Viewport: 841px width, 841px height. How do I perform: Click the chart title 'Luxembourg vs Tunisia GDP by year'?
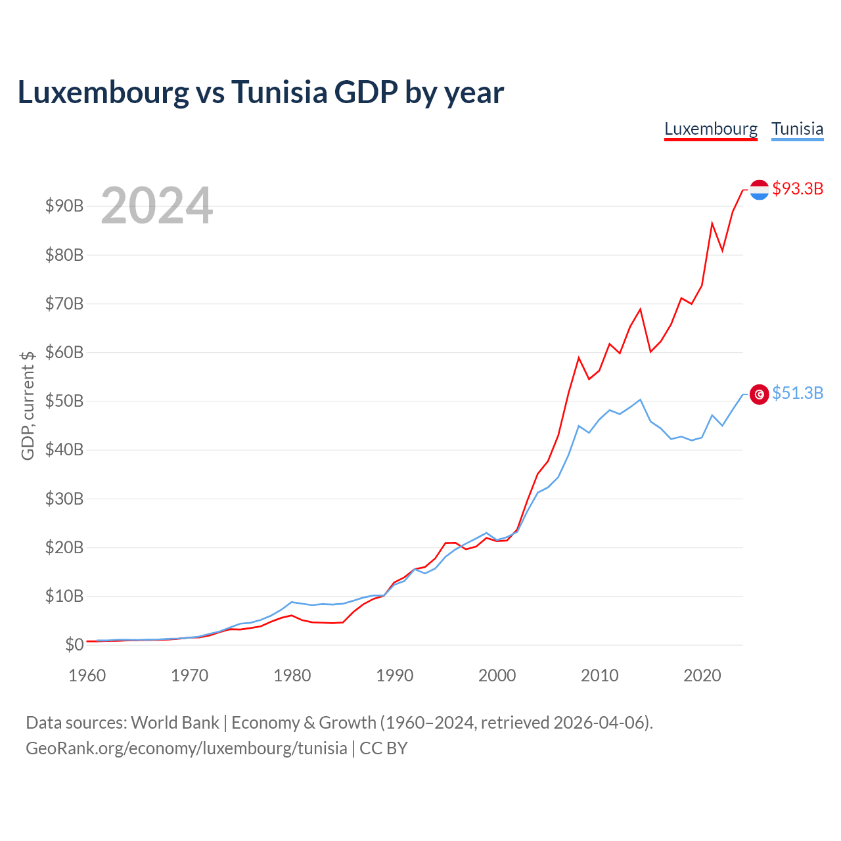261,93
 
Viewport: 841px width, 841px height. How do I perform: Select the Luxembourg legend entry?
710,129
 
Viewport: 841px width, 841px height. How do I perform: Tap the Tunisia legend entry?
797,129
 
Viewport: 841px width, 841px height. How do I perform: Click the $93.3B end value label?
798,189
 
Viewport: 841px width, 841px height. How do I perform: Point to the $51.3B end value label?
798,393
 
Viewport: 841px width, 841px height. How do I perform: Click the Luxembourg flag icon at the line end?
759,190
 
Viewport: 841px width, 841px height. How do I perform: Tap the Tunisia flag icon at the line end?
759,394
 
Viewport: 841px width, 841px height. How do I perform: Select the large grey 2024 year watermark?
156,205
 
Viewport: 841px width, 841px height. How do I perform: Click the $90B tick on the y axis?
64,206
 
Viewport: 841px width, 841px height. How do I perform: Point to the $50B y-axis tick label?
64,401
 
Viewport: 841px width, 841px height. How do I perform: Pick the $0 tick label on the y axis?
74,644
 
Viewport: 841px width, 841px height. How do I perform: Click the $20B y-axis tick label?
64,547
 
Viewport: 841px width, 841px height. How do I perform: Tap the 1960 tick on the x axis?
87,675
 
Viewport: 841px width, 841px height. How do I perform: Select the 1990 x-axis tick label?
394,675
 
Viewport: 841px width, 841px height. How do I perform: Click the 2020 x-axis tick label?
702,675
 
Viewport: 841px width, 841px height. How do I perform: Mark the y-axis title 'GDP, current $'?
28,405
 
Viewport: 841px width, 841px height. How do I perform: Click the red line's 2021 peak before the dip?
712,223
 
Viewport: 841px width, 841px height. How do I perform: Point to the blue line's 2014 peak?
640,399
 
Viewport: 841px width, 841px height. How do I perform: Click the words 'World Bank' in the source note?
175,723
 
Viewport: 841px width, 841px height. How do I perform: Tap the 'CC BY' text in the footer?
383,748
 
